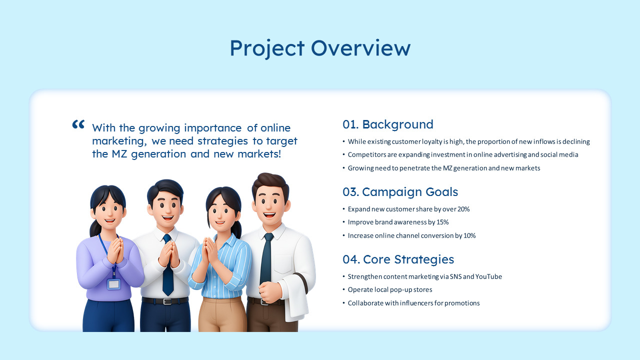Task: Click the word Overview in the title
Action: (360, 48)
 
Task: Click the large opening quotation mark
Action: (78, 124)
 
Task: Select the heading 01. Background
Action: (387, 124)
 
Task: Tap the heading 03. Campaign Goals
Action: (400, 192)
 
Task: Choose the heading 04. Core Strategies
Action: (398, 259)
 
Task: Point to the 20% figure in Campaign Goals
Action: (463, 209)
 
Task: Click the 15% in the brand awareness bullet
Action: (442, 222)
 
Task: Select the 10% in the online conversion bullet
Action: (469, 236)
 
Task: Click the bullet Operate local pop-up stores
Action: (390, 290)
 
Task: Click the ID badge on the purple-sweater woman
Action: (113, 284)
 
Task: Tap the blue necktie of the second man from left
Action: (167, 267)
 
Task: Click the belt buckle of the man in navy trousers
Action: (167, 301)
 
